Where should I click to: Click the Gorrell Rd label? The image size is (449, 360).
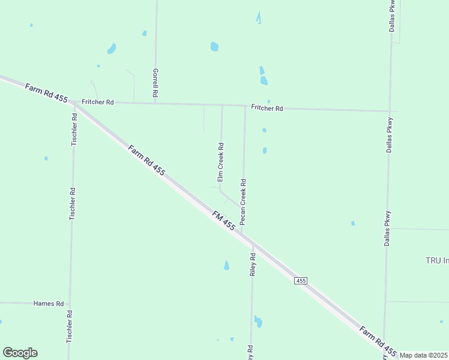click(x=155, y=83)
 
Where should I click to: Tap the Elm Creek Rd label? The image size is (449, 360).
click(x=220, y=162)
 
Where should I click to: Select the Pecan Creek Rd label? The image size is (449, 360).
click(x=243, y=202)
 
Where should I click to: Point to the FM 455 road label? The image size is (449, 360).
click(x=224, y=220)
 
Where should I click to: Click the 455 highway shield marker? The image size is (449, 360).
click(x=301, y=281)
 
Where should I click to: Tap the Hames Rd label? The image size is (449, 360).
click(x=49, y=304)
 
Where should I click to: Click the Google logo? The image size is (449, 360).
click(x=20, y=353)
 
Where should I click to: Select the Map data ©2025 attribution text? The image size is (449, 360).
click(x=423, y=355)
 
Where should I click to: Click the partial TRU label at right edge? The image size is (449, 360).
click(x=437, y=260)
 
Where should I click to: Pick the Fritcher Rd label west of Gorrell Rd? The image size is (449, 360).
click(x=98, y=102)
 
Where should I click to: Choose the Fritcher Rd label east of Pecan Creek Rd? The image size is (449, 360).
click(x=267, y=109)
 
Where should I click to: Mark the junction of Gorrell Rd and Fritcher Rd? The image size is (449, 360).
click(x=155, y=103)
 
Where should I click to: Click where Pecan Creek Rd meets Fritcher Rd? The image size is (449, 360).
click(x=245, y=107)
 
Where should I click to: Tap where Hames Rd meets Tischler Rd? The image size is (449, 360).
click(x=70, y=304)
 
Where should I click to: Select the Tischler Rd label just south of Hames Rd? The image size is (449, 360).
click(x=70, y=326)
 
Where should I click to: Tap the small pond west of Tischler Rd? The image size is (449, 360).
click(x=46, y=158)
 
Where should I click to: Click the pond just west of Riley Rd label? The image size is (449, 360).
click(x=226, y=265)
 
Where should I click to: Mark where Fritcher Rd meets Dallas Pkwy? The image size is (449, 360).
click(x=390, y=111)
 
